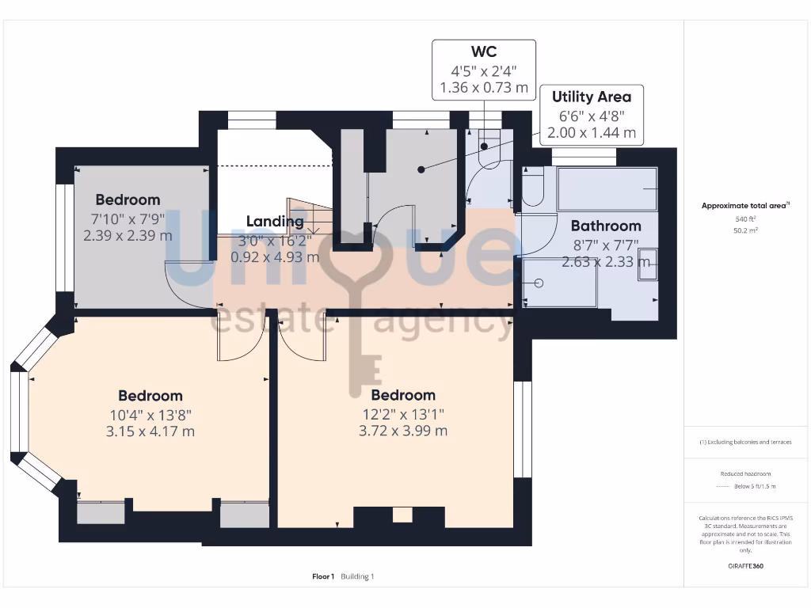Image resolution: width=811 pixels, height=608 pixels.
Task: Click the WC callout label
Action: [x=483, y=52]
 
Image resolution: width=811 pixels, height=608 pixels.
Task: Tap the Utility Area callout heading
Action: [x=592, y=97]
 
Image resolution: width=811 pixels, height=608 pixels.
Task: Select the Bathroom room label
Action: [x=606, y=226]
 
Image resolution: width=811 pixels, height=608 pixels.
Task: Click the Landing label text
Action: [x=274, y=222]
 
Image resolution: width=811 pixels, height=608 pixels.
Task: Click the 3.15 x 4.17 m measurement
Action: [x=150, y=431]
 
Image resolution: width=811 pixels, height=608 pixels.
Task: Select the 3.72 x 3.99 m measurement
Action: [x=403, y=431]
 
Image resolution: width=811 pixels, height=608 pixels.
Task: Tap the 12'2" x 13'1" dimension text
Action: [x=403, y=413]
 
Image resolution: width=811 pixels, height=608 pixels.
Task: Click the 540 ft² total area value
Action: [x=744, y=218]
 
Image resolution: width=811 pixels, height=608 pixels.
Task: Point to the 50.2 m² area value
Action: [x=744, y=230]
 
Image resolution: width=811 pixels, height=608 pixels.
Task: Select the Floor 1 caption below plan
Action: [x=323, y=576]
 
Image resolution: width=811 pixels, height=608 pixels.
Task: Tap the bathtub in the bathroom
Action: [x=607, y=188]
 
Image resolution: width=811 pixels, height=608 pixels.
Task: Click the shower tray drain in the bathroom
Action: [x=539, y=283]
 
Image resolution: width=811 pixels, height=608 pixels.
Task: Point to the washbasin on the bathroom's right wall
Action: [x=648, y=264]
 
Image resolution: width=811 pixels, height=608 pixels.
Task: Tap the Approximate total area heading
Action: [x=744, y=206]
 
